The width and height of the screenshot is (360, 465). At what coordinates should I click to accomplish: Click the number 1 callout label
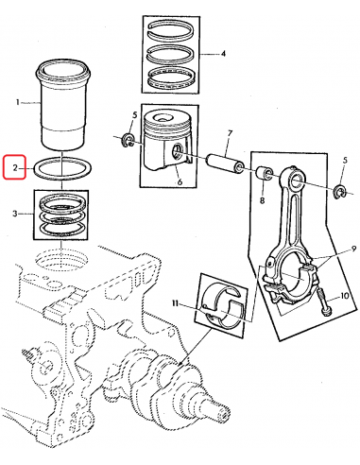pyautogui.click(x=17, y=101)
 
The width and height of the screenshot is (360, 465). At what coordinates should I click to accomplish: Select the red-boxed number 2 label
pyautogui.click(x=16, y=168)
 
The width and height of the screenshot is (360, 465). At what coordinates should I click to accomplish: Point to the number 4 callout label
pyautogui.click(x=223, y=54)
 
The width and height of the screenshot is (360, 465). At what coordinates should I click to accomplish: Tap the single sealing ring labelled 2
pyautogui.click(x=60, y=169)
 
